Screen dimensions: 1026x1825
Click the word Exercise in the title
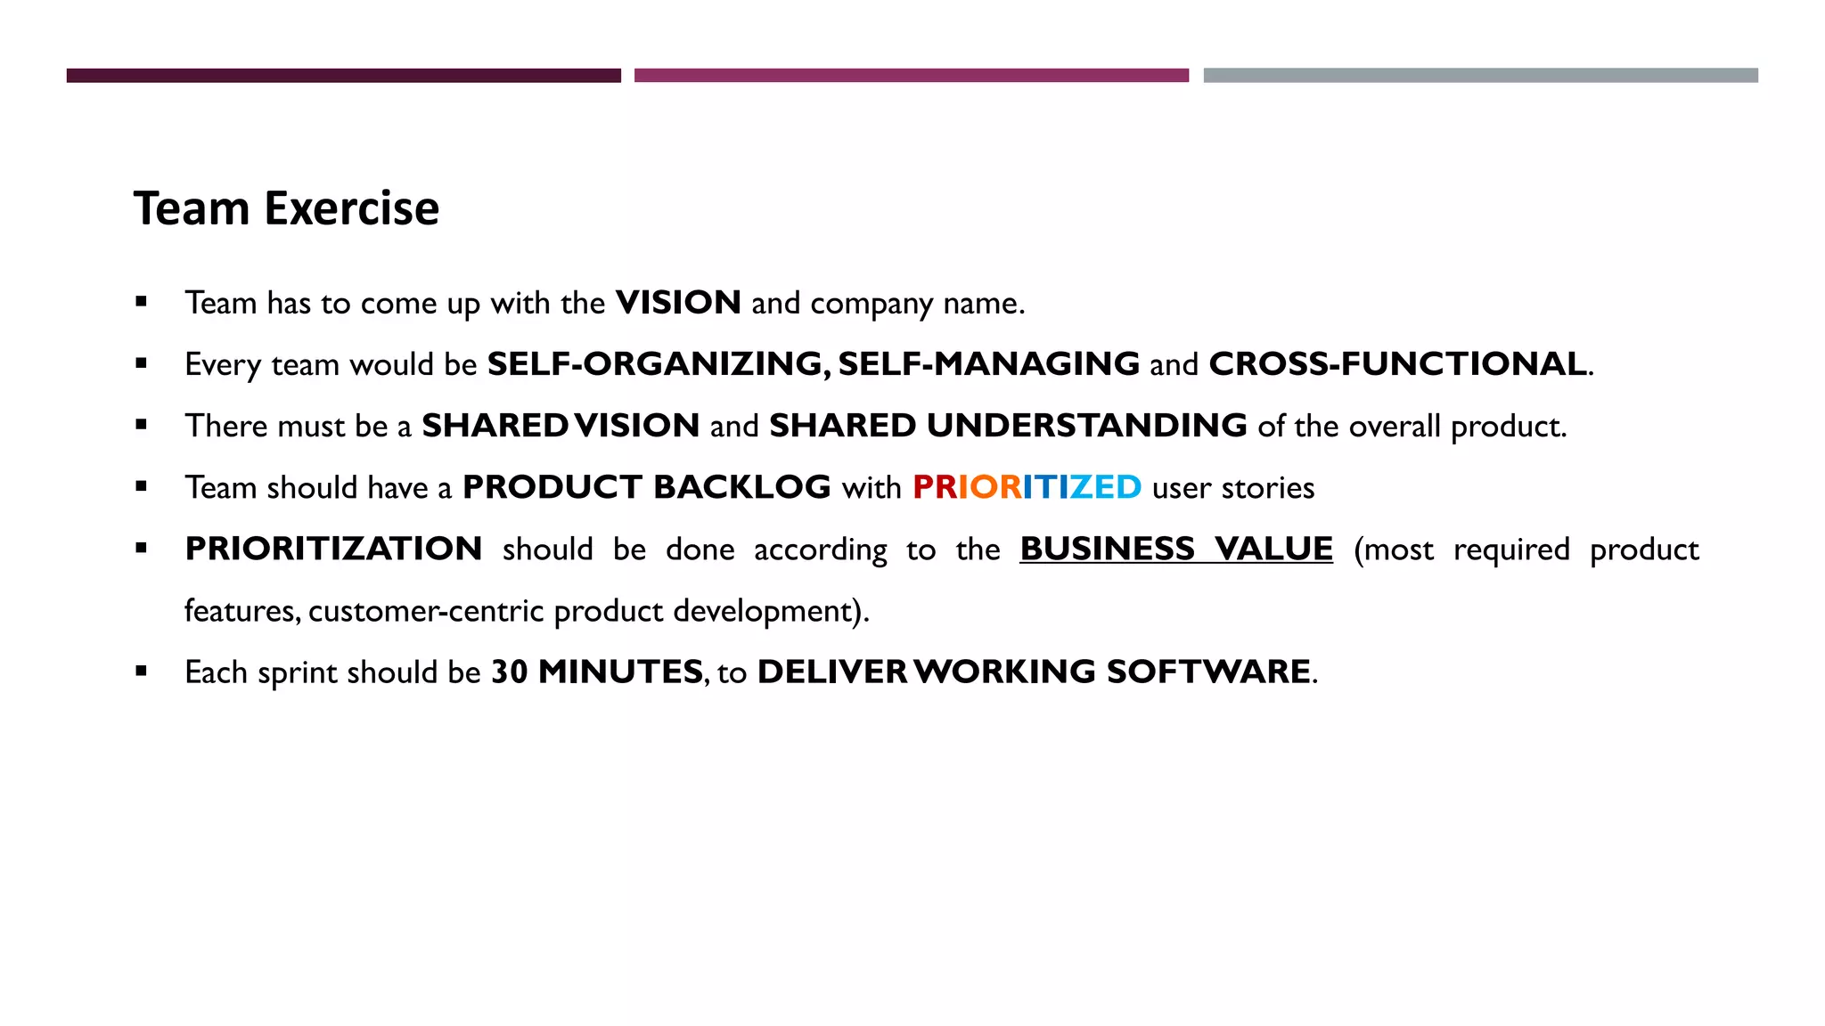click(352, 209)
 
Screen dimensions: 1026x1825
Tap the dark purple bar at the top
click(343, 76)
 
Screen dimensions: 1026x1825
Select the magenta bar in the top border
click(911, 76)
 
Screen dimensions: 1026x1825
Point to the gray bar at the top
click(1480, 76)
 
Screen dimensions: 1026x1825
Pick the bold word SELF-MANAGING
click(988, 364)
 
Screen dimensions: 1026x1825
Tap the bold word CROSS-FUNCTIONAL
click(1397, 364)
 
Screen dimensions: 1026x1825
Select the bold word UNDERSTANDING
click(1086, 426)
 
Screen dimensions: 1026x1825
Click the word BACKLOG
click(741, 487)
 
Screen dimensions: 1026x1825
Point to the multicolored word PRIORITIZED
click(1027, 487)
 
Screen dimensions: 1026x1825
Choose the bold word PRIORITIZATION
click(333, 549)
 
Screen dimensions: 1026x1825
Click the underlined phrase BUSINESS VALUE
click(1176, 549)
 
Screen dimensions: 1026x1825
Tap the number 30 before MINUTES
click(510, 672)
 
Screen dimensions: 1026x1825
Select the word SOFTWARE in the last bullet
click(1207, 672)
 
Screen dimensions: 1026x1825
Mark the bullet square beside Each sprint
click(141, 672)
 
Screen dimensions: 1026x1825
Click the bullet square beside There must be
click(141, 426)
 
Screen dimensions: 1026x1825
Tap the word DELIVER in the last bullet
click(831, 672)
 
